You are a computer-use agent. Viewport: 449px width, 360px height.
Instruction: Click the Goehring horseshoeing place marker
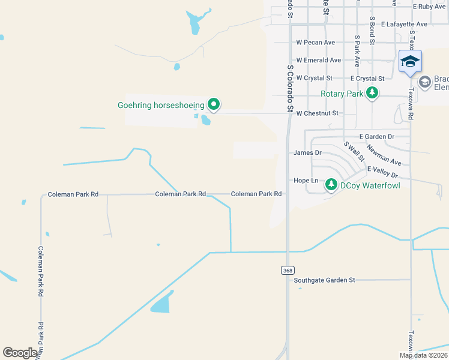pyautogui.click(x=214, y=105)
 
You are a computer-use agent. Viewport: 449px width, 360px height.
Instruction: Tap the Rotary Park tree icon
pyautogui.click(x=373, y=93)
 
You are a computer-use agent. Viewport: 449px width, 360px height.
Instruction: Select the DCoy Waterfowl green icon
pyautogui.click(x=331, y=185)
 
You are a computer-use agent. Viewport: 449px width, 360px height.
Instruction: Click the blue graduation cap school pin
pyautogui.click(x=410, y=62)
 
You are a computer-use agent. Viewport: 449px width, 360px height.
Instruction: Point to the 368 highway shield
pyautogui.click(x=288, y=271)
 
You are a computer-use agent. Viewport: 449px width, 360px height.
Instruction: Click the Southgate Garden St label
pyautogui.click(x=325, y=280)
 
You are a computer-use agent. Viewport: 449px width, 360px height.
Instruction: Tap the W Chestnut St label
pyautogui.click(x=318, y=113)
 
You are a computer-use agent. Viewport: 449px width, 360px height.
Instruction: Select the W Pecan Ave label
pyautogui.click(x=316, y=43)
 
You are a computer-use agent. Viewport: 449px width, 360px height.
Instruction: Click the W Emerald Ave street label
pyautogui.click(x=319, y=60)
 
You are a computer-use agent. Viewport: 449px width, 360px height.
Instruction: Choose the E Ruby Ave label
pyautogui.click(x=430, y=7)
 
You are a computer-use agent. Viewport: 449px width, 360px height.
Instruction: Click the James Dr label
pyautogui.click(x=307, y=152)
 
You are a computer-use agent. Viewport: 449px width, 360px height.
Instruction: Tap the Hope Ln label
pyautogui.click(x=301, y=180)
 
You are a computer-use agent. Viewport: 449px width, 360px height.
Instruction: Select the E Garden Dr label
pyautogui.click(x=376, y=137)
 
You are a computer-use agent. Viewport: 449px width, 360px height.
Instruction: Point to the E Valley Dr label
pyautogui.click(x=382, y=172)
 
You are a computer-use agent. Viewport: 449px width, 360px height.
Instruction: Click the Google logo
pyautogui.click(x=20, y=353)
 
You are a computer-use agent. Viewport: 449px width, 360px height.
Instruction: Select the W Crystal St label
pyautogui.click(x=314, y=78)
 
